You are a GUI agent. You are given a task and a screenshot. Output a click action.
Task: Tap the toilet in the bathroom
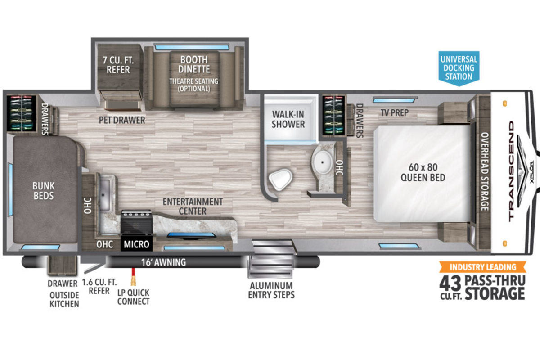tap(281, 179)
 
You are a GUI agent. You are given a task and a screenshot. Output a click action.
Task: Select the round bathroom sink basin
tap(322, 162)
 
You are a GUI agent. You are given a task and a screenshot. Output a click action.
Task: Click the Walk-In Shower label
tap(288, 119)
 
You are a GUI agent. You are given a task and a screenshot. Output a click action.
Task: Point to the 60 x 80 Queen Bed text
tap(423, 172)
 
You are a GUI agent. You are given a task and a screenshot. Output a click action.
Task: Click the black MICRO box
tap(136, 244)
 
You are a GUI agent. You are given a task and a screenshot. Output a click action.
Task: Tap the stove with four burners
tap(136, 222)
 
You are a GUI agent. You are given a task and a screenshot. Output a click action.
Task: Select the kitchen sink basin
tap(104, 194)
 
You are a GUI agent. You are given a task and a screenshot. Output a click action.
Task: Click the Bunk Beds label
tap(44, 191)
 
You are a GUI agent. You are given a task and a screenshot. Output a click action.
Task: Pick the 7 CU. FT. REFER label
tap(118, 65)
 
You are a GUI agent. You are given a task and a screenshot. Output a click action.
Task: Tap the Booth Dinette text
tap(194, 64)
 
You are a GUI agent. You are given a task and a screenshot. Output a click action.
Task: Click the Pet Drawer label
tap(122, 120)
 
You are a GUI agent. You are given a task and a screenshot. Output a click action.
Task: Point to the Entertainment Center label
tap(193, 207)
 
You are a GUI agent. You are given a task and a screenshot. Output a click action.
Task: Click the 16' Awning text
tap(163, 262)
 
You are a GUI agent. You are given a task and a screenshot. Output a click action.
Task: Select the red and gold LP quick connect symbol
tap(133, 277)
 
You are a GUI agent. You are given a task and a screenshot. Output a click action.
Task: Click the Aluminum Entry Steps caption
tap(271, 290)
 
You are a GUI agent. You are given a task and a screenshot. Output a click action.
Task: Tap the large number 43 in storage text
tap(450, 283)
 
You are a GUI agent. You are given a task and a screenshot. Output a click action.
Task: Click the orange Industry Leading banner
tap(483, 267)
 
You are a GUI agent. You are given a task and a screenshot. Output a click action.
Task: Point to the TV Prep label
tap(395, 112)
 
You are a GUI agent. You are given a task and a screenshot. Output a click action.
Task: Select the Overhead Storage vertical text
tap(485, 171)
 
